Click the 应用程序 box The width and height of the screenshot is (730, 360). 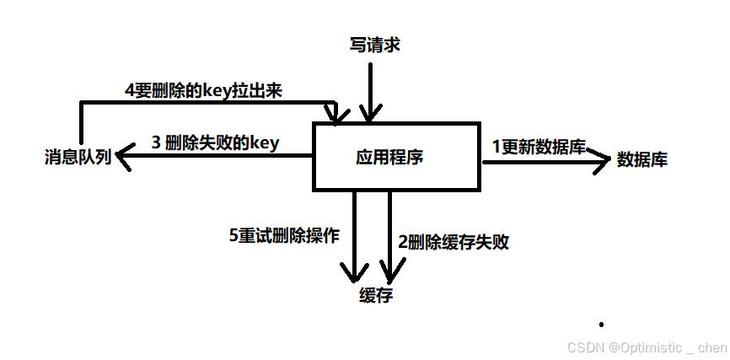[397, 157]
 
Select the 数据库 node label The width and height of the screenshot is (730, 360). [642, 159]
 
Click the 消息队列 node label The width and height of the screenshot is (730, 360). [78, 157]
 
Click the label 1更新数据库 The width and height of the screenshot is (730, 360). [539, 146]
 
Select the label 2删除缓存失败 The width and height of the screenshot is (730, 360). [454, 242]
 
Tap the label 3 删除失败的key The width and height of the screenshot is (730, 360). [215, 142]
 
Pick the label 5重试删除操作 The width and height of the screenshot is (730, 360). [284, 236]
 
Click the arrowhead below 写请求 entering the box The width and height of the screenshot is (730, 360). [368, 114]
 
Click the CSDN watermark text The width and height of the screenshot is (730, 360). [647, 347]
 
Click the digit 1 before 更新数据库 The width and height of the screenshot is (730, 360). [497, 146]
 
